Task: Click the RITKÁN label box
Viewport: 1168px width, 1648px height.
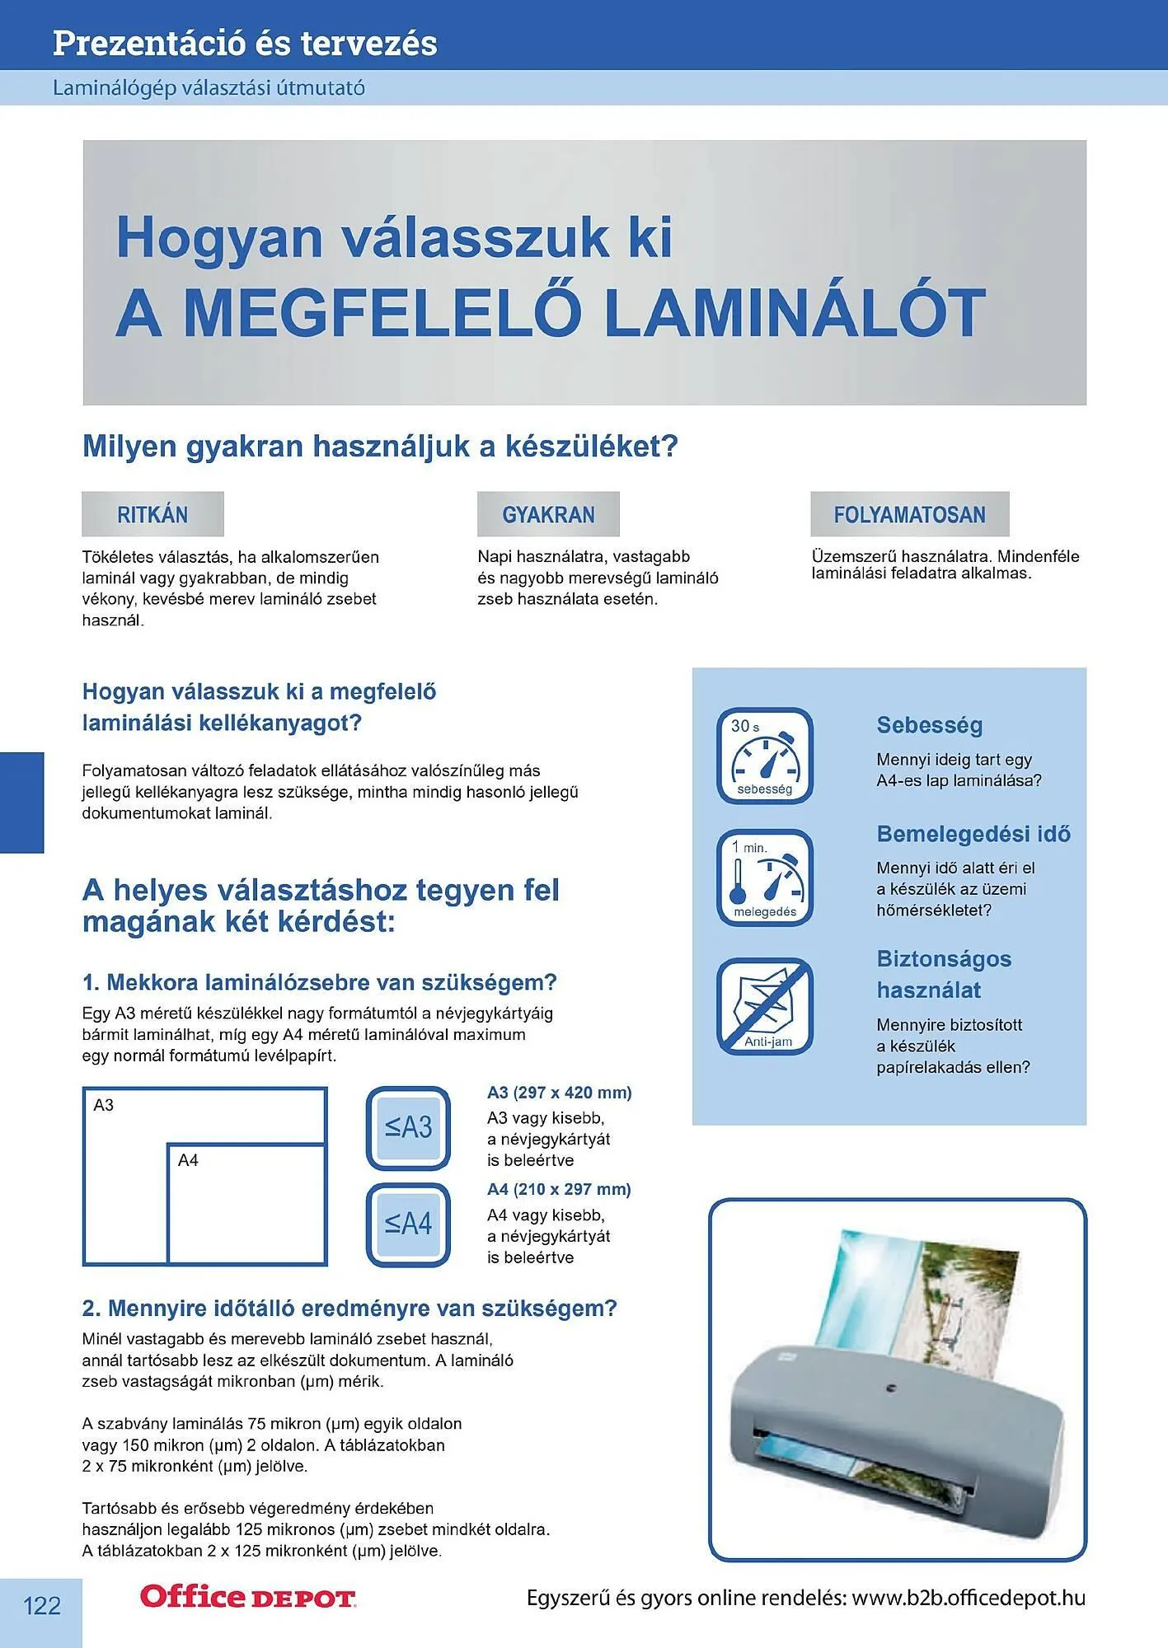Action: [152, 514]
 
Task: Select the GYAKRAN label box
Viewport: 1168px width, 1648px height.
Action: [548, 514]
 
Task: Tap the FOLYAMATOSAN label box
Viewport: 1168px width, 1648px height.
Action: [909, 514]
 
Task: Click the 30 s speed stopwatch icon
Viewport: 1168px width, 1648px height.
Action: [765, 756]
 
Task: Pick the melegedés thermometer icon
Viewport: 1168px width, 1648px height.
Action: [765, 878]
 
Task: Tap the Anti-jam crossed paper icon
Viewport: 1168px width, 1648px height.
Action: [765, 1006]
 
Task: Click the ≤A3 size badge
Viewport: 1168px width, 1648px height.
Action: [408, 1127]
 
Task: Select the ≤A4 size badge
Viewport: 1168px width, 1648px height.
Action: [408, 1224]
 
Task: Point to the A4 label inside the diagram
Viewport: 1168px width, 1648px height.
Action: [188, 1160]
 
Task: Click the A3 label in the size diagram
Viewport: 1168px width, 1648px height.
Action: [104, 1105]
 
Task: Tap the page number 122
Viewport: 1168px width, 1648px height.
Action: [41, 1605]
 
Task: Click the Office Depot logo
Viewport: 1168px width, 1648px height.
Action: [247, 1597]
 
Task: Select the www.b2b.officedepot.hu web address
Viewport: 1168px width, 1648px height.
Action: [969, 1598]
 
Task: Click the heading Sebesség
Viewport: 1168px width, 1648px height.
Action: [929, 725]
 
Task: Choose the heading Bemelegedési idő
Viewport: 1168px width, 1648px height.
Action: [973, 834]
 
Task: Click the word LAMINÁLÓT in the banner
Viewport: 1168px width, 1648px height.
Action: [795, 313]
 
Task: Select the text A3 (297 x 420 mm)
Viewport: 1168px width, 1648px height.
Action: [559, 1093]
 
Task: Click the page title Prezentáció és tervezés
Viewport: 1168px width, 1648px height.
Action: [245, 43]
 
